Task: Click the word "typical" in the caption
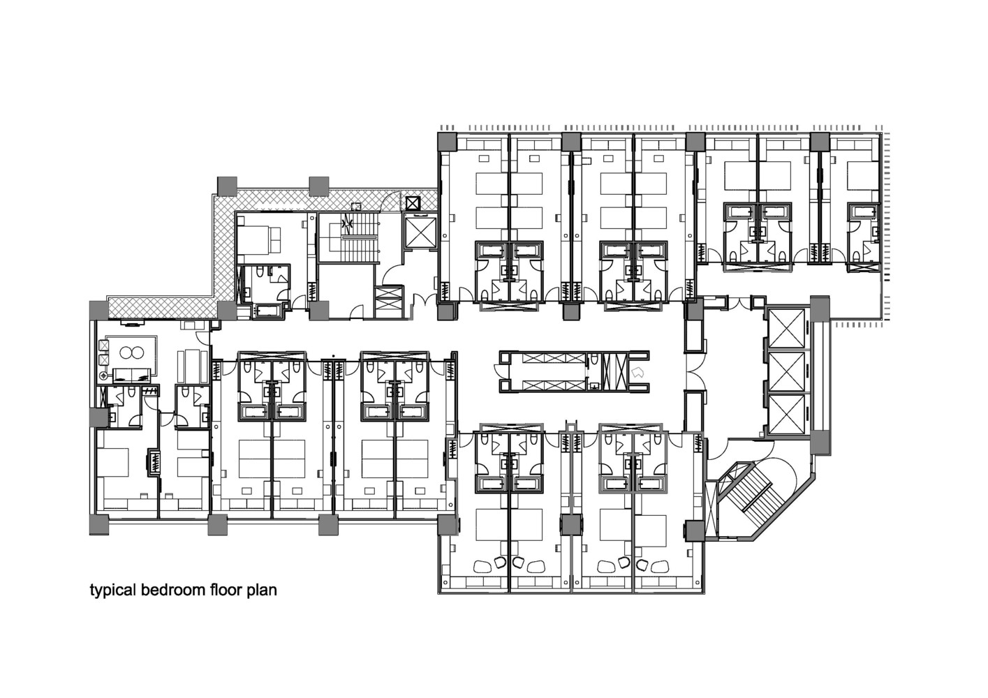coord(112,591)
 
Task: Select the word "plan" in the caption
coord(262,591)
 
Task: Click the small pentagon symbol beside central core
coord(635,373)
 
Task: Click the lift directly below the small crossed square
coord(419,232)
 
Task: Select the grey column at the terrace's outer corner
coord(228,186)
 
